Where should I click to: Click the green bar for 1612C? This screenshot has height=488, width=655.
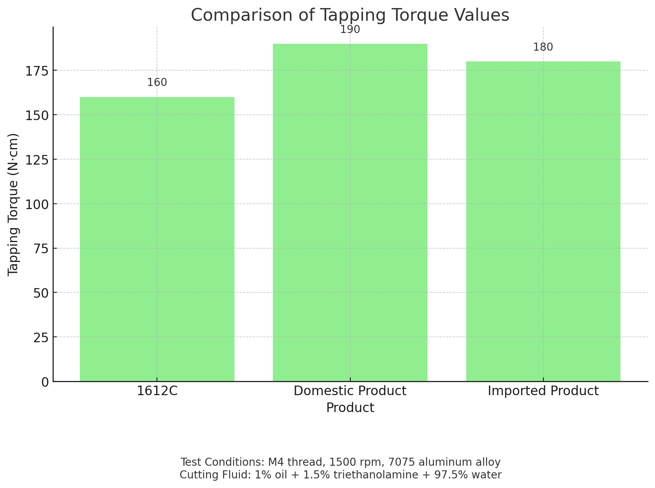[157, 239]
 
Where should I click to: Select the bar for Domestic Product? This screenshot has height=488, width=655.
[350, 212]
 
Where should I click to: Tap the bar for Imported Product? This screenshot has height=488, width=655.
[543, 221]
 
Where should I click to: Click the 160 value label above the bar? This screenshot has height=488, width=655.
[157, 82]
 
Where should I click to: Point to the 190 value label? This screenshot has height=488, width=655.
[350, 30]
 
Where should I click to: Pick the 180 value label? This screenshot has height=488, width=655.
[543, 47]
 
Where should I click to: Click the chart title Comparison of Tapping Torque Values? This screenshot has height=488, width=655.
[350, 15]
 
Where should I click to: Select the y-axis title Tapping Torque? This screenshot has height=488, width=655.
[13, 204]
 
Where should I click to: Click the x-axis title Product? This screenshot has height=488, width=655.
[350, 407]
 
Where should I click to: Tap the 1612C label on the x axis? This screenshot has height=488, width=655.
[157, 391]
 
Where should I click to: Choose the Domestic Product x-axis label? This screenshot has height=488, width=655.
[350, 391]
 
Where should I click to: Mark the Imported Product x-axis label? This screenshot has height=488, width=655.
[543, 391]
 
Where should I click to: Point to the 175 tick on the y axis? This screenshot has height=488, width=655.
[37, 71]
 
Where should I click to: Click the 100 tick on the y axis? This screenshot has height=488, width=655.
[37, 204]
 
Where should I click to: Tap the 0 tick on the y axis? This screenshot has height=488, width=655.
[45, 382]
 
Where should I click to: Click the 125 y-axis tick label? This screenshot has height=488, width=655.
[37, 160]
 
